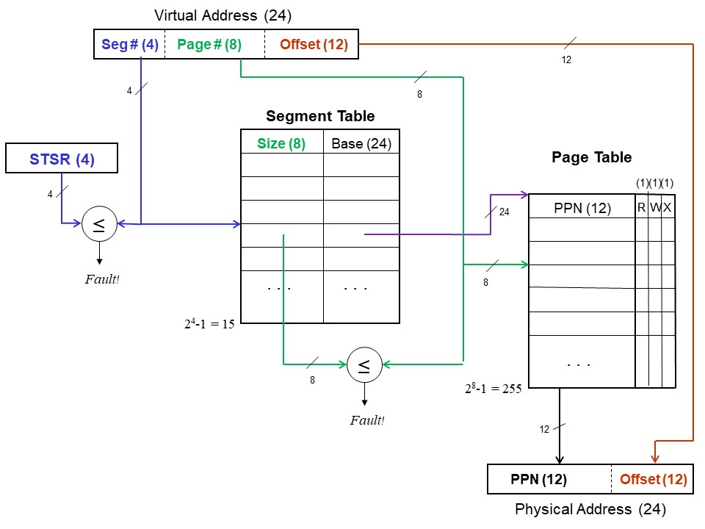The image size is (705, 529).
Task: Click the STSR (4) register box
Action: click(61, 159)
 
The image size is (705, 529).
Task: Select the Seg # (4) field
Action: click(129, 44)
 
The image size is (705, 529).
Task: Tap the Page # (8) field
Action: click(209, 44)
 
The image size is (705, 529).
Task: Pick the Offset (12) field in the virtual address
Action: click(313, 44)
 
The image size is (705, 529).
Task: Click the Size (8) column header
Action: click(281, 143)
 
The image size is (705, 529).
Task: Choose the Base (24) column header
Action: click(361, 143)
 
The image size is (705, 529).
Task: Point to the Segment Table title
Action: click(320, 116)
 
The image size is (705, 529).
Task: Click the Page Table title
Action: click(591, 157)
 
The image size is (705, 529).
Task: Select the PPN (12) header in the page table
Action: click(582, 208)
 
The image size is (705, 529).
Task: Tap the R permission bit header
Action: click(641, 208)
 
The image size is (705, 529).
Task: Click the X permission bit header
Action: click(668, 208)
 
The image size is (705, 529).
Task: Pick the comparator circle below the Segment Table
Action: click(364, 364)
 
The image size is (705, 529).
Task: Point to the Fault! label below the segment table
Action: click(366, 420)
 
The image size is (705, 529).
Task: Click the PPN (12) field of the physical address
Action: click(538, 480)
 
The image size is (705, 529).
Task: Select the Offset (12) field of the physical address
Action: click(653, 480)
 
